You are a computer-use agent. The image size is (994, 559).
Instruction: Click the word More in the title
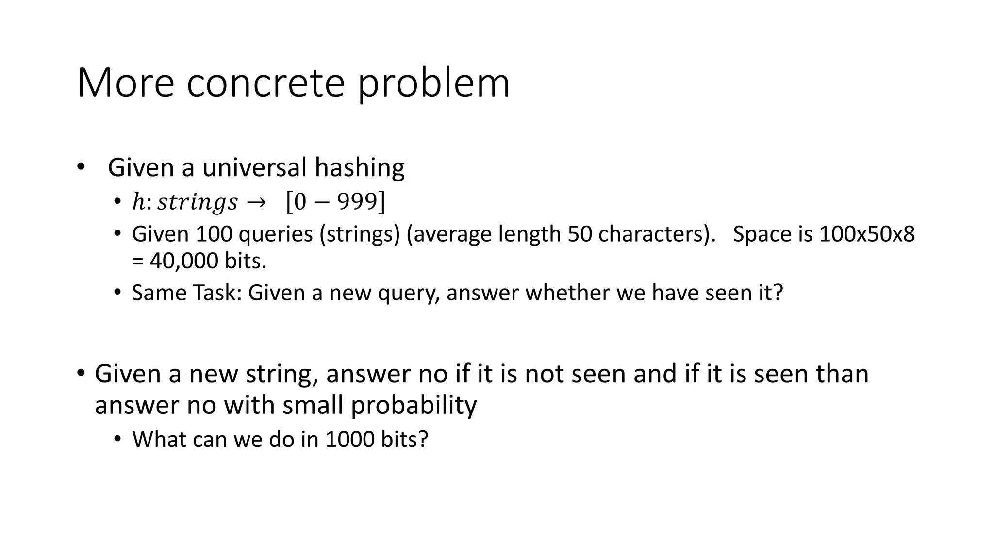tap(125, 83)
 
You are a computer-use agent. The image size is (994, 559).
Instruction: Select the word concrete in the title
tap(265, 83)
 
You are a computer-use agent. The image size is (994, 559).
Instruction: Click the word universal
tap(254, 167)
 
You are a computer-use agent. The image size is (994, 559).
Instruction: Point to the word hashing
tap(359, 168)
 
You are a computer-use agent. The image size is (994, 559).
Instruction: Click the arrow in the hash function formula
tap(256, 202)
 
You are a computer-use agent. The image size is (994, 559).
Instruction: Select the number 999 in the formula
tap(358, 201)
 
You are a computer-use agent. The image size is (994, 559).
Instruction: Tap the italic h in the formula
tap(138, 202)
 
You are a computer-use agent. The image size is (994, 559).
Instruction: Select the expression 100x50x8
tap(867, 234)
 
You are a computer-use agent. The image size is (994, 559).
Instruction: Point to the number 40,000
tap(184, 261)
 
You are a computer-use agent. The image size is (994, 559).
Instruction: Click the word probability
tap(414, 406)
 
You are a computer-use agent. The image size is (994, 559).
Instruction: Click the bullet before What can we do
tap(117, 439)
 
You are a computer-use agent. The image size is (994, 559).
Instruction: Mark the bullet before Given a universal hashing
tap(81, 167)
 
